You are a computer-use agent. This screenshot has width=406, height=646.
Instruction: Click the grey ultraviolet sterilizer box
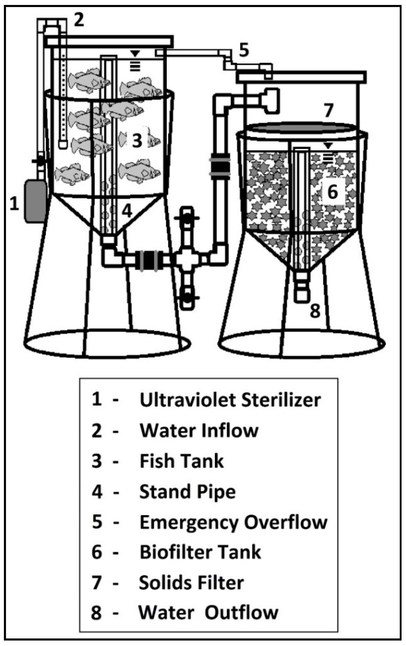35,201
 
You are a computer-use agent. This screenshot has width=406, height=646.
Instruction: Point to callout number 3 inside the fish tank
137,140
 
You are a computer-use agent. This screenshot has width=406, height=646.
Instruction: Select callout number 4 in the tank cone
127,211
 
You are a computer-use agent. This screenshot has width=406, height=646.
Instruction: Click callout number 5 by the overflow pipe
244,50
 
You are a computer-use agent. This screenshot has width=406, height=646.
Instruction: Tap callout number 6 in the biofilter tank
333,192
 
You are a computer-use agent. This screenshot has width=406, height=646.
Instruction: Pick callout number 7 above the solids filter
328,110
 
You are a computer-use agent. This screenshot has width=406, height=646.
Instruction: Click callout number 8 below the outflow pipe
315,311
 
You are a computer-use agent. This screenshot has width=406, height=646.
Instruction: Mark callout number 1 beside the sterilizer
14,203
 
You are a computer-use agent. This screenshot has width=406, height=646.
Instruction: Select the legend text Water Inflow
199,431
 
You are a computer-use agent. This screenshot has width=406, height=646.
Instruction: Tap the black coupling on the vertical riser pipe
220,167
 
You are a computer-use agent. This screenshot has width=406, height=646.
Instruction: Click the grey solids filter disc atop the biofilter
302,128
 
